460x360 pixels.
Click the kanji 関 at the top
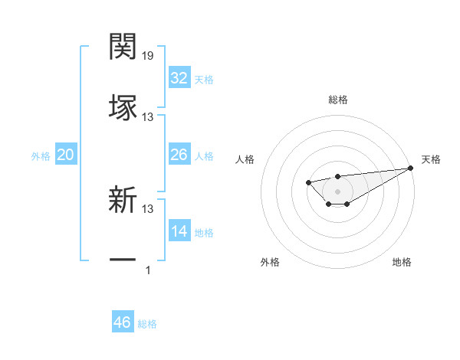(x=123, y=47)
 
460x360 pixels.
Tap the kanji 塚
(x=123, y=106)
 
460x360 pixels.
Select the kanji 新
(x=123, y=200)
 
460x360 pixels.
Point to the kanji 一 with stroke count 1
(x=123, y=260)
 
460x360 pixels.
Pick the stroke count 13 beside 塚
(x=148, y=117)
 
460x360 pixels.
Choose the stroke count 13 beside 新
(x=148, y=209)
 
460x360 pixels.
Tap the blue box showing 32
(x=179, y=78)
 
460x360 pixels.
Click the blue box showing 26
(x=179, y=155)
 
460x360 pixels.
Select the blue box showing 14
(x=179, y=231)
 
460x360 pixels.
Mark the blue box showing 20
(x=66, y=155)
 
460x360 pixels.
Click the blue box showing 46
(x=123, y=322)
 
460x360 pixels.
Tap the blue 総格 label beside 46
(x=147, y=324)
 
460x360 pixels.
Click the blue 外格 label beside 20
(x=41, y=156)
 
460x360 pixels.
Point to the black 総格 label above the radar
(x=337, y=100)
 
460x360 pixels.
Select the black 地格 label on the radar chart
(x=402, y=263)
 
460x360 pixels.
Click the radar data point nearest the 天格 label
(x=411, y=168)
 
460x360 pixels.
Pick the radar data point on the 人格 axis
(x=307, y=182)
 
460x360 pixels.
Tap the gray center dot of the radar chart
(x=337, y=191)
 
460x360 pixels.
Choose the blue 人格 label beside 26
(x=204, y=156)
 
